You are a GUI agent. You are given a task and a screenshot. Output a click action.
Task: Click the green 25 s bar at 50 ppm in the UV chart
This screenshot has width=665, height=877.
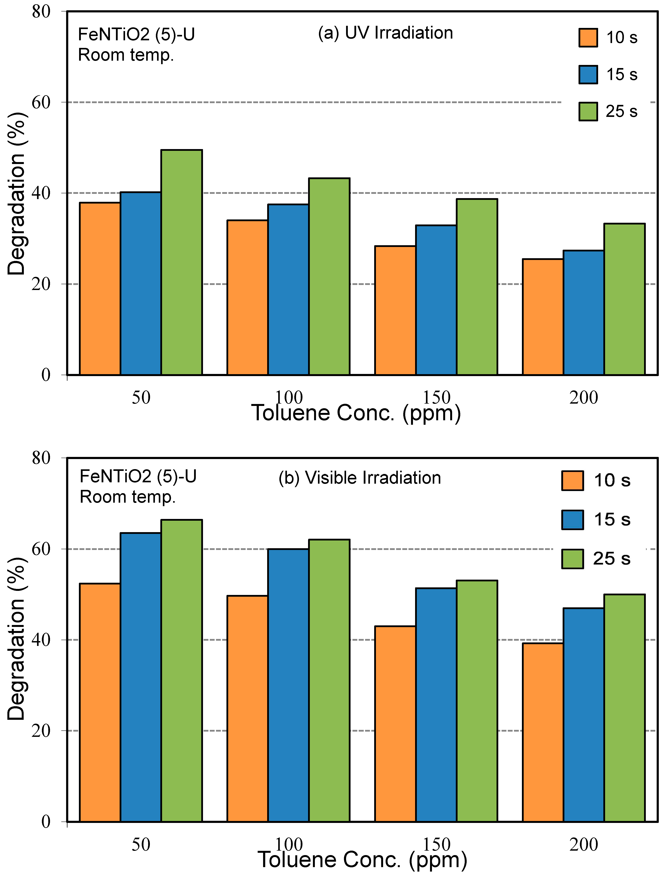(182, 262)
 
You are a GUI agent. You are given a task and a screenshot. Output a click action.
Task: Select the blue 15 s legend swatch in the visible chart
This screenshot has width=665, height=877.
(572, 519)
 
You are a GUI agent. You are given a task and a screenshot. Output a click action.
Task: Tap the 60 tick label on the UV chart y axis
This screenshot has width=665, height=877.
(41, 102)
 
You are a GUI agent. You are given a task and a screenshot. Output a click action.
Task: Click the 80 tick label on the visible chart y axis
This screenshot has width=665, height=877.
(41, 458)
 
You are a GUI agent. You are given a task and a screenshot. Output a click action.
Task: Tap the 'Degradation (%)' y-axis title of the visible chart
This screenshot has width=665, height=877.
(17, 638)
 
